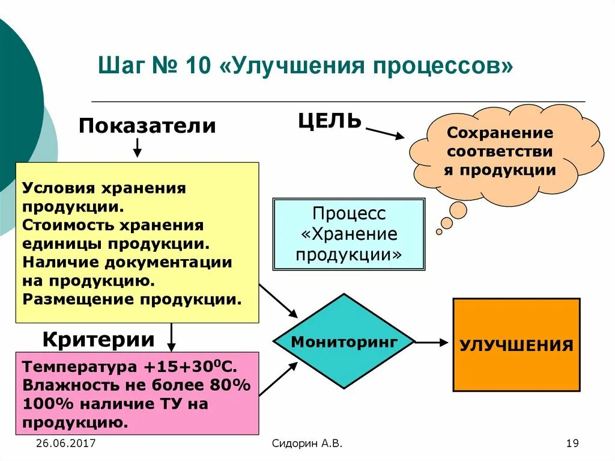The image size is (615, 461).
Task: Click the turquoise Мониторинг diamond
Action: point(344,341)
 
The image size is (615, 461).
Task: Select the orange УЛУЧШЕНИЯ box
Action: point(516,345)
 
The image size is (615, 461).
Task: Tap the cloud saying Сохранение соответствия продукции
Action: point(507,151)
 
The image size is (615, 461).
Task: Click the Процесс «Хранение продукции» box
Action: point(348,234)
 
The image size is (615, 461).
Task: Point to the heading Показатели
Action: point(147,126)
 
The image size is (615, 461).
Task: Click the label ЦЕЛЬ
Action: point(330,121)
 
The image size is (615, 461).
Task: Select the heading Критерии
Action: point(98,340)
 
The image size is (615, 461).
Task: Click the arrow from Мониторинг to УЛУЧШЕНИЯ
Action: point(431,343)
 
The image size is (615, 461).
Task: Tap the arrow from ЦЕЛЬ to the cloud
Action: point(385,133)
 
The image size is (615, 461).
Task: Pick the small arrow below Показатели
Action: point(137,147)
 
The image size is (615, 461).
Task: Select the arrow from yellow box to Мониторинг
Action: point(279,301)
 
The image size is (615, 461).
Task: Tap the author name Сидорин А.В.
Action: point(307,444)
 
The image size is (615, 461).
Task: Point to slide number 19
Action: point(572,444)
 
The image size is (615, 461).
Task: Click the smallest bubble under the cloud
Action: point(439,231)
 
